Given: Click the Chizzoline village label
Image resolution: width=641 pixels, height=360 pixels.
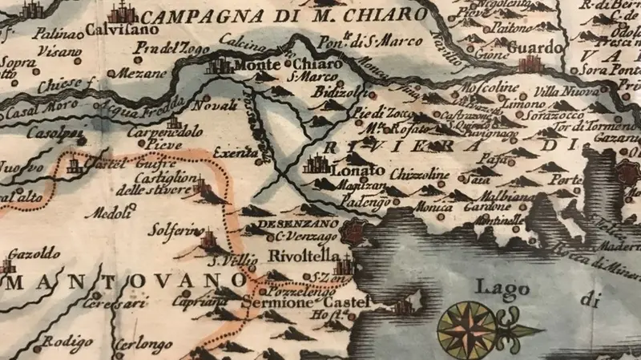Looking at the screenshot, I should pyautogui.click(x=420, y=173).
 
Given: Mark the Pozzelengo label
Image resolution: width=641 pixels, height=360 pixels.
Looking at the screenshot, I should pyautogui.click(x=293, y=294).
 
